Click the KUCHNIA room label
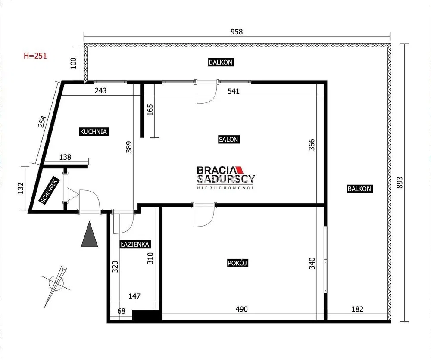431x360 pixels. click(94, 131)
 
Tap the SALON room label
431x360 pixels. click(228, 139)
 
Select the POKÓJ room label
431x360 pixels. click(238, 263)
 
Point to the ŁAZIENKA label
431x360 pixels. click(135, 244)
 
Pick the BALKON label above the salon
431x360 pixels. click(221, 62)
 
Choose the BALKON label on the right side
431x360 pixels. click(359, 189)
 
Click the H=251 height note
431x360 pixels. click(35, 56)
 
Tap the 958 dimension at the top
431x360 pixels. click(237, 32)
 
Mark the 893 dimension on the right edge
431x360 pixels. click(400, 182)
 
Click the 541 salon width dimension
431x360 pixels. click(234, 91)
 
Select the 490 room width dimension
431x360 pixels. click(242, 309)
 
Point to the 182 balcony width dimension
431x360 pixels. click(357, 309)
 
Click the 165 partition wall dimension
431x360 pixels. click(150, 109)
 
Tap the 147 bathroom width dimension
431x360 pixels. click(134, 296)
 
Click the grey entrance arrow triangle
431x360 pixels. click(90, 235)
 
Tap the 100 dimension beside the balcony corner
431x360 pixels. click(73, 63)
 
